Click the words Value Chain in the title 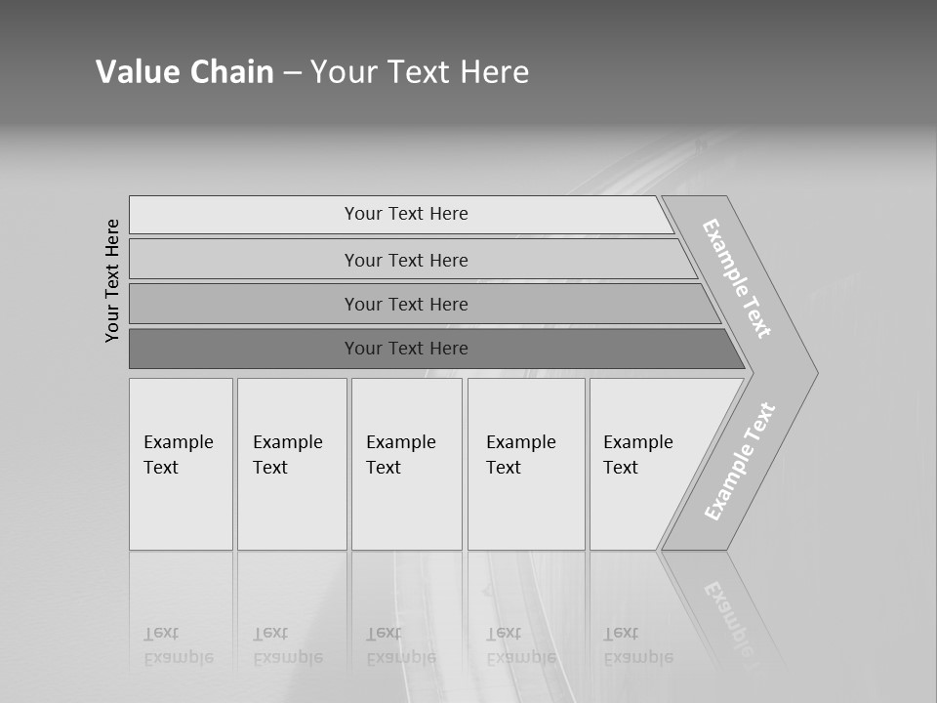click(184, 72)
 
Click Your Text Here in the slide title click(420, 72)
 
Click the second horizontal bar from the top click(406, 260)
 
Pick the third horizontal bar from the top click(406, 304)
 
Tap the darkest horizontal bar click(406, 349)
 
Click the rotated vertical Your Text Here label click(112, 280)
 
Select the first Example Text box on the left click(181, 463)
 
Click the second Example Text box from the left click(292, 463)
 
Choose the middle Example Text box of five click(406, 463)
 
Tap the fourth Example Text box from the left click(526, 463)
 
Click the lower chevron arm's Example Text click(740, 461)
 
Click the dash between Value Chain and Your click(292, 73)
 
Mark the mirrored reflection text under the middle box click(401, 645)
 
